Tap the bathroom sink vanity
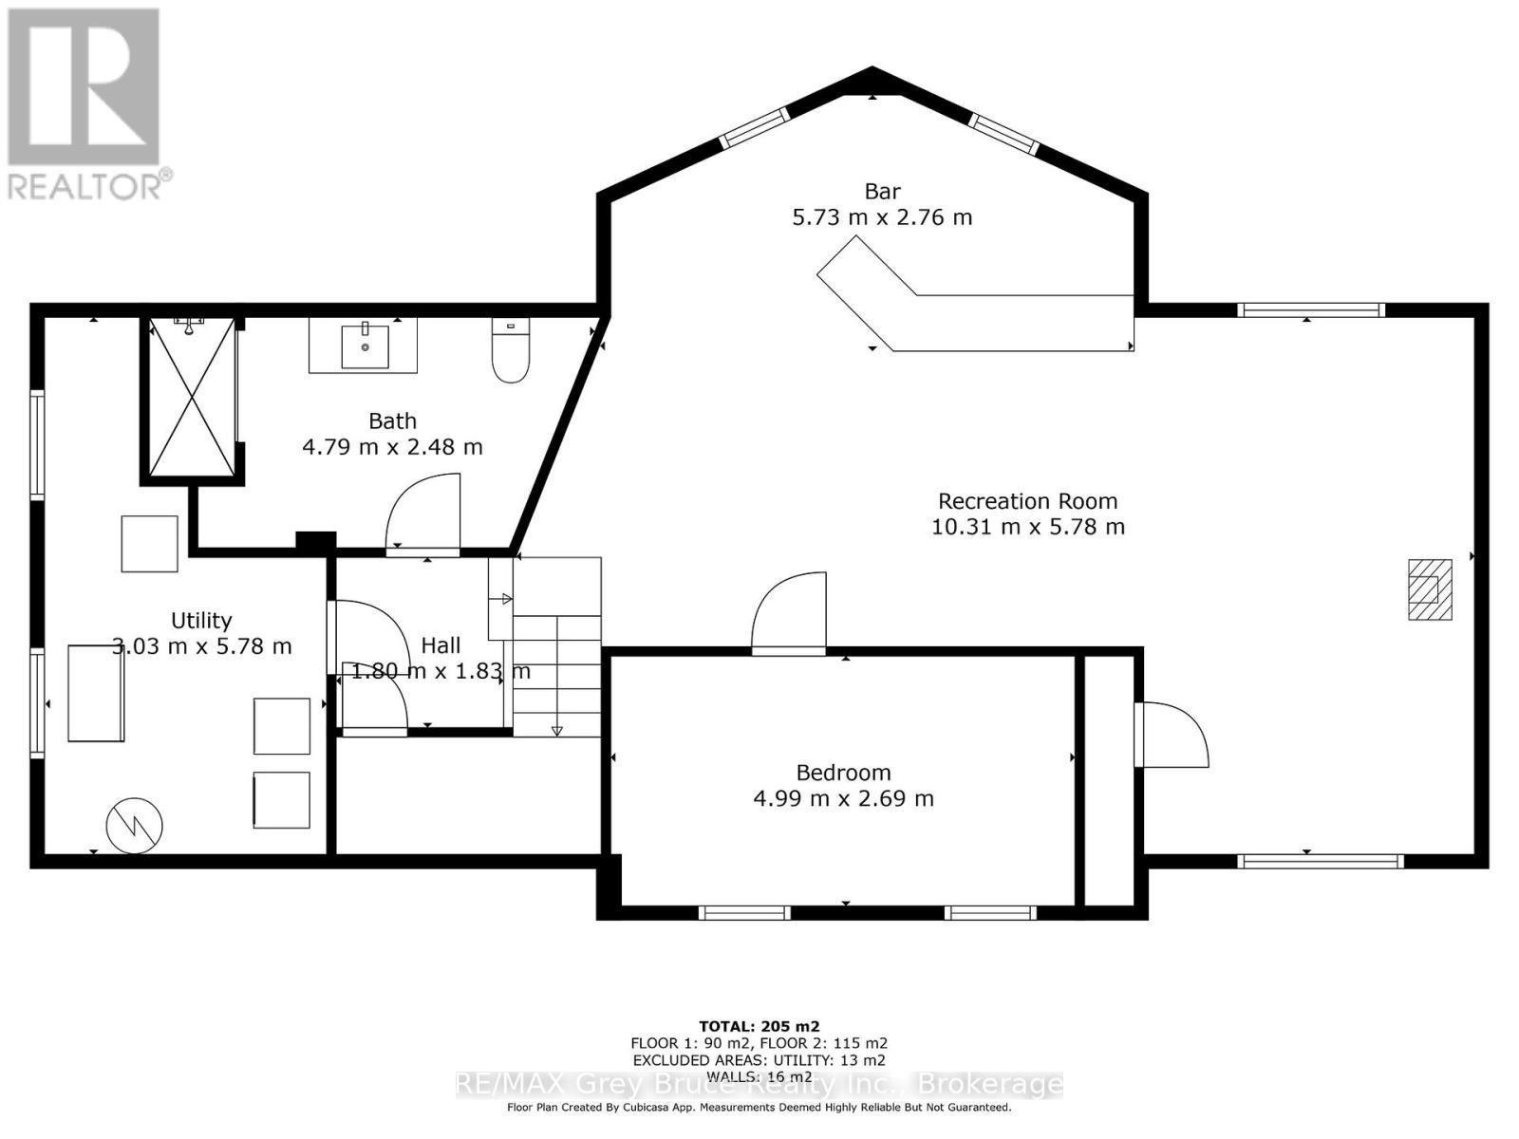(363, 345)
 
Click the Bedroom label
(843, 773)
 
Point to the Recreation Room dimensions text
(1027, 527)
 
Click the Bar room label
(882, 192)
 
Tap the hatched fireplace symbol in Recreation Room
(1430, 589)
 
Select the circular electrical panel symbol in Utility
(135, 825)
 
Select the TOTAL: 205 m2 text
(759, 1026)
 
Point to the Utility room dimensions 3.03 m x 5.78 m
(201, 646)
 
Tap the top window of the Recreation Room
(1310, 309)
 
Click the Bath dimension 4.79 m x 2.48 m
(392, 446)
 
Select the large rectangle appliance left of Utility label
(96, 693)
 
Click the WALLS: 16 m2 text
(759, 1076)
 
